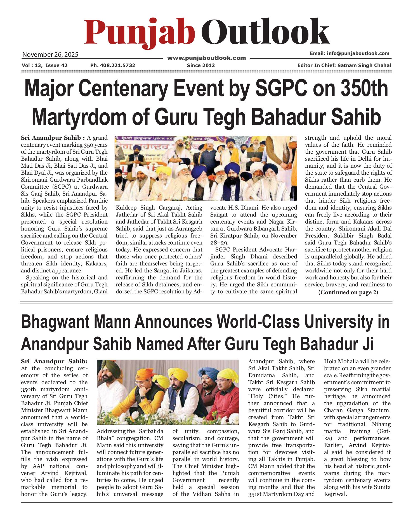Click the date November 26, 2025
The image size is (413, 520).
coord(50,54)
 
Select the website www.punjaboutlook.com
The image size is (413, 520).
coord(206,58)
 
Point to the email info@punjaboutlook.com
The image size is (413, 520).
coord(349,53)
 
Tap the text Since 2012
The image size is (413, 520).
coord(201,65)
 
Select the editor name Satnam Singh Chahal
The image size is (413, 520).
coord(364,65)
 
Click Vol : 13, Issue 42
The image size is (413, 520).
coord(44,65)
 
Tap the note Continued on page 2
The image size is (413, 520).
coord(348,292)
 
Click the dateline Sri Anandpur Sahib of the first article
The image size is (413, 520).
coord(51,138)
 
